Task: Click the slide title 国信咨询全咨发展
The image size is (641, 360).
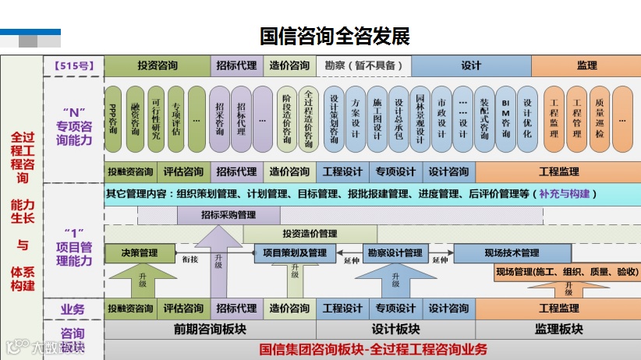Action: tap(335, 37)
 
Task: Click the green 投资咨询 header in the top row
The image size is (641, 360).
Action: tap(158, 66)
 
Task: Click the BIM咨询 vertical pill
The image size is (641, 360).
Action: tap(506, 119)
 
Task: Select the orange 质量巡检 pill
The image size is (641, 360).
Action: tap(599, 119)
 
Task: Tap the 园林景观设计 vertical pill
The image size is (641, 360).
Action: tap(420, 119)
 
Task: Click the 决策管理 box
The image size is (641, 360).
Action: tap(139, 253)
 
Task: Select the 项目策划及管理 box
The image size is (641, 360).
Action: tap(295, 253)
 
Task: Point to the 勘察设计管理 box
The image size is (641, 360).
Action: tap(395, 253)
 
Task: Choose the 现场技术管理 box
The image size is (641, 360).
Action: tap(512, 253)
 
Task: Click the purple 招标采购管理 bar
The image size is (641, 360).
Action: tap(228, 215)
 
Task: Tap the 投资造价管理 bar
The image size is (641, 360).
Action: tap(310, 234)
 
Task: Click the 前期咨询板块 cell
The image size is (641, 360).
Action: tap(210, 330)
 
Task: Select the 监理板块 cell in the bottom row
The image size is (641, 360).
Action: tap(559, 330)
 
